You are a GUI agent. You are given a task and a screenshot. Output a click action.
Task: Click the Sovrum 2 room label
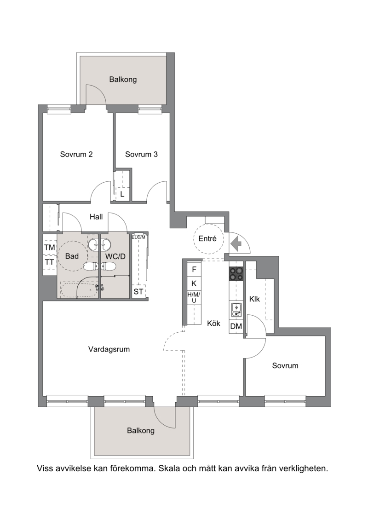(76, 154)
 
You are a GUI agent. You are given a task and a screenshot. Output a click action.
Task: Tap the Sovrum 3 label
(141, 154)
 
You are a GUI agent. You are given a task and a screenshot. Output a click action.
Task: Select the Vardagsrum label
(109, 349)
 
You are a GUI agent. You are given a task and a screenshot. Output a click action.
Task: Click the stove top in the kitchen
(236, 274)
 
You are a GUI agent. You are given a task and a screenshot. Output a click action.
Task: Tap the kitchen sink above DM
(236, 310)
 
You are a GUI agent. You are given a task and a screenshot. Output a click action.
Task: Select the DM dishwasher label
(236, 326)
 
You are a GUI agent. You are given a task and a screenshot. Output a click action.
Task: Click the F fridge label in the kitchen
(194, 269)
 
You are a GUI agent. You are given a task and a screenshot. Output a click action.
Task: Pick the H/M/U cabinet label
(194, 298)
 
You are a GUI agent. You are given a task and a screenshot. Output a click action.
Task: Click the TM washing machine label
(50, 248)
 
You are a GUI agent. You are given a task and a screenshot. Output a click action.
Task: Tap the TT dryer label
(50, 262)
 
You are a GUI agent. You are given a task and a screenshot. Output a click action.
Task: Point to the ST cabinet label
(138, 292)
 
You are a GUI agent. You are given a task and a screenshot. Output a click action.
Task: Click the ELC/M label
(138, 237)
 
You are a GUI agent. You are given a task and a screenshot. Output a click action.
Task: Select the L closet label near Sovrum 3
(122, 194)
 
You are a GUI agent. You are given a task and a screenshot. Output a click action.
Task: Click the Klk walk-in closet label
(255, 299)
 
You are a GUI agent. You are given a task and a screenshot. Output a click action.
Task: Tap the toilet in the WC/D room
(109, 267)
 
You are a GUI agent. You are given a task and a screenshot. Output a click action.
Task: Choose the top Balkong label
(123, 80)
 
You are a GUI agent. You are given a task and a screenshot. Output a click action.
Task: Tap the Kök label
(214, 324)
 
